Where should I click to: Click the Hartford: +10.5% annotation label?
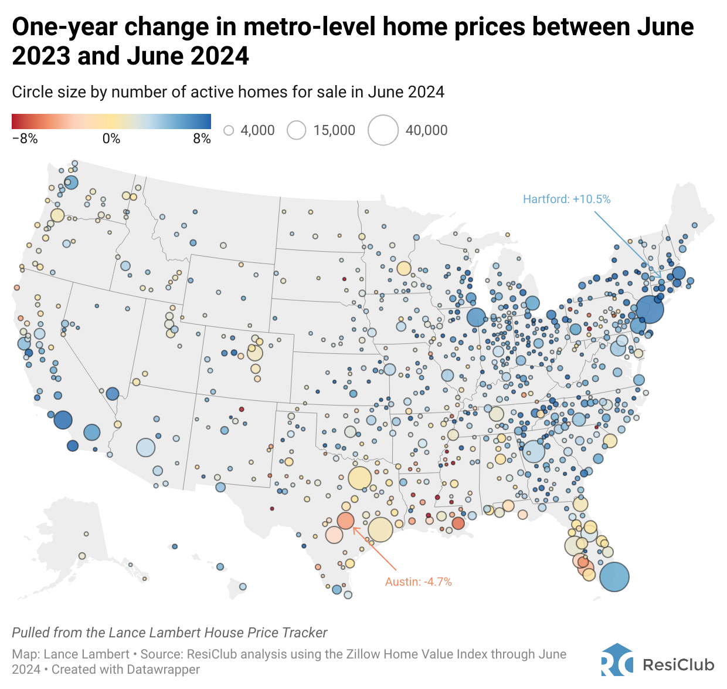coord(566,200)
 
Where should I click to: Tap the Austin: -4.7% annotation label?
coord(418,582)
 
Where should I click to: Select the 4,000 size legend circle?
coord(229,130)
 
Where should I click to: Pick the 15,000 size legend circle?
coord(297,130)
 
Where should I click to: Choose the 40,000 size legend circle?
coord(383,130)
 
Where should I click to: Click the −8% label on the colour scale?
coord(25,139)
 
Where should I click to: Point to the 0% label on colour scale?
coord(111,139)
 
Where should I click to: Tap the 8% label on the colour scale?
coord(202,139)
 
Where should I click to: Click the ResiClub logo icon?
coord(617,661)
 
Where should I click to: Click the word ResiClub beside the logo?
coord(678,665)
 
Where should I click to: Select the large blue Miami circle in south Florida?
coord(614,577)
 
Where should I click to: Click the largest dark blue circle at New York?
coord(650,309)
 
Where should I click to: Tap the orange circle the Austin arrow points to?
coord(345,521)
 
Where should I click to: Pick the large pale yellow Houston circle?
coord(380,529)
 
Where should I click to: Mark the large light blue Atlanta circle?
coord(534,451)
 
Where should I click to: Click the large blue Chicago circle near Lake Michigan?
coord(476,317)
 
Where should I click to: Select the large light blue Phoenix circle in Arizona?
coord(145,448)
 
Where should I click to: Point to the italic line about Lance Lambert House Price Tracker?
coord(169,633)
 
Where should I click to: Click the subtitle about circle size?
coord(228,92)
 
